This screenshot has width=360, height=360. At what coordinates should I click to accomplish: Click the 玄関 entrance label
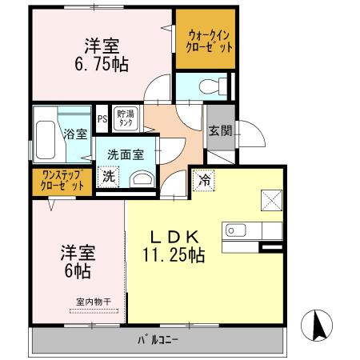click(x=219, y=131)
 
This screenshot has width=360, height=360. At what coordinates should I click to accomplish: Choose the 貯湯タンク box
click(x=126, y=118)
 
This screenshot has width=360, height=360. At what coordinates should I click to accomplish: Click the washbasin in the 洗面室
click(x=141, y=179)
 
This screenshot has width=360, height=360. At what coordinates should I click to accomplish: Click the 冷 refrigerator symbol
click(x=205, y=181)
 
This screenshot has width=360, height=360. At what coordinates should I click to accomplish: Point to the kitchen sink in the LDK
click(x=236, y=230)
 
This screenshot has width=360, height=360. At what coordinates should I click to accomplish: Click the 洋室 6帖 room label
click(x=78, y=262)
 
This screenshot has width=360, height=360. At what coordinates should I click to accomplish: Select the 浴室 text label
click(x=75, y=134)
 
